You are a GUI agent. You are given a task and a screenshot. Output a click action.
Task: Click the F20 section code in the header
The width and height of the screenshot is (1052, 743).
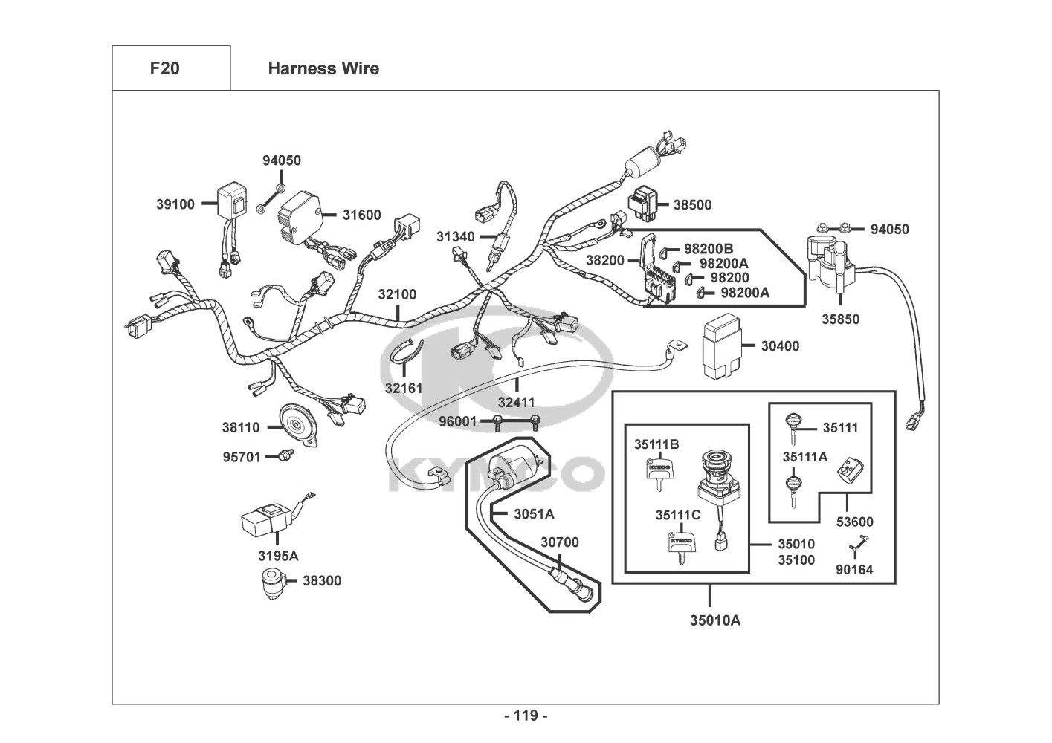pos(164,68)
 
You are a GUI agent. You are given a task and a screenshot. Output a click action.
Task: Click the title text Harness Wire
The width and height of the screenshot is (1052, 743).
pos(323,68)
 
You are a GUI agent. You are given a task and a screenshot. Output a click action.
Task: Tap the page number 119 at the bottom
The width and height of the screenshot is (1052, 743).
pos(526,716)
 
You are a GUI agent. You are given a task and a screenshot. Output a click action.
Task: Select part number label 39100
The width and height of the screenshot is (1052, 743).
pos(175,204)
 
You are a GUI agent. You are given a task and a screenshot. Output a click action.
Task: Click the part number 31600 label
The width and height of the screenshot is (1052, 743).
pos(361,215)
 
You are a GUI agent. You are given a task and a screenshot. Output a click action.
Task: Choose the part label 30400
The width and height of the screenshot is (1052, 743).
pos(780,345)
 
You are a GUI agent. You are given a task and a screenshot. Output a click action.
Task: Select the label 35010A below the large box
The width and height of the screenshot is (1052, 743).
pos(715,620)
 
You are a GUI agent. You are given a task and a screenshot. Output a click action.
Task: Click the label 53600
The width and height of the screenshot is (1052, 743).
pos(854,522)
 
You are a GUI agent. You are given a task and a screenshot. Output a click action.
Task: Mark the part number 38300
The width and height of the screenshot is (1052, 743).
pos(322,580)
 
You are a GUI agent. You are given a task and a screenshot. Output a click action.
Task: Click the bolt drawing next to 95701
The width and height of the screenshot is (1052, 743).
pos(283,456)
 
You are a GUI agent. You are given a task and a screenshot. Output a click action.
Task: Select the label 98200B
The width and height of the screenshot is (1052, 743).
pos(709,248)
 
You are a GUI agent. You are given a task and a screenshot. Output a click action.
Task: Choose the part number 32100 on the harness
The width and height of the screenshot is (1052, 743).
pos(397,294)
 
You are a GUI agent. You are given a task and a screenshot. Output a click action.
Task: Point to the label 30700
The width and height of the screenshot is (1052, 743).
pos(559,542)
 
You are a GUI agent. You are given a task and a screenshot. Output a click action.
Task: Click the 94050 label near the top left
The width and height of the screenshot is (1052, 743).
pos(282,160)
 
